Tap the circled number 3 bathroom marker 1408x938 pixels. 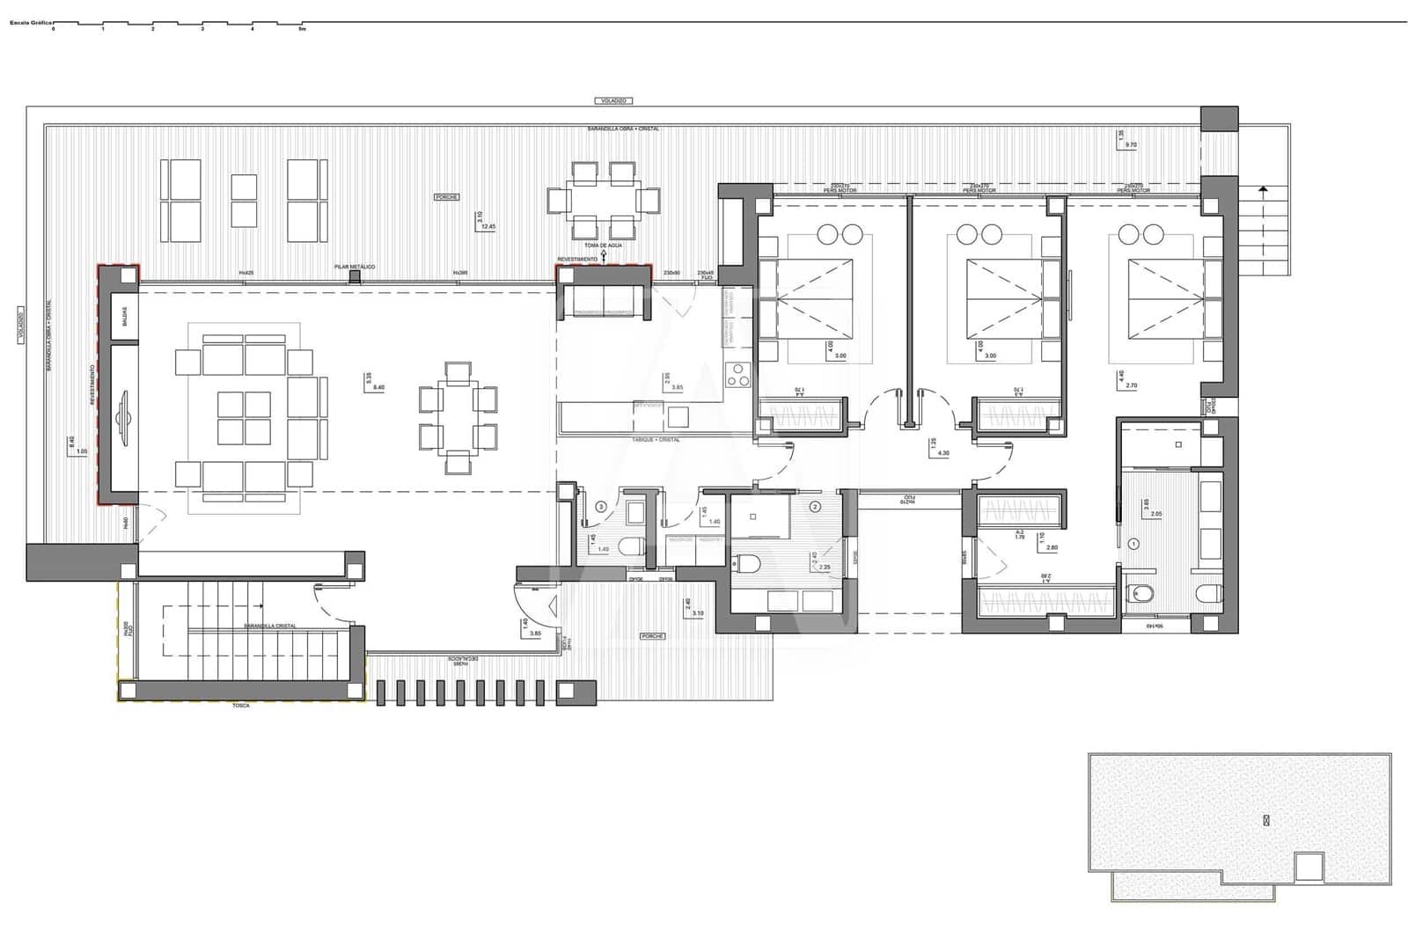tap(601, 507)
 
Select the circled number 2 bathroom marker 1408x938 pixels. tap(815, 507)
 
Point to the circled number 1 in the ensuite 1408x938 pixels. tap(1134, 545)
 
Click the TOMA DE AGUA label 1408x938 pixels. tap(603, 245)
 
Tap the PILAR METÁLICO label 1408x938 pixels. tap(355, 266)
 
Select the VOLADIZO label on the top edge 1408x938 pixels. tap(612, 101)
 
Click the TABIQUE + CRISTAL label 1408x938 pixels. tap(655, 439)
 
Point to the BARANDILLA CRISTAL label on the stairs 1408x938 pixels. tap(270, 626)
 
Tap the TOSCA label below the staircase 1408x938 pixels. tap(239, 706)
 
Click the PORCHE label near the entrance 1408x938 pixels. tap(652, 635)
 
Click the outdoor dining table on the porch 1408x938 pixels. tap(603, 201)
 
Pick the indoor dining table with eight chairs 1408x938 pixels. tap(458, 418)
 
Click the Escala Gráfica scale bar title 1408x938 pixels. tap(29, 22)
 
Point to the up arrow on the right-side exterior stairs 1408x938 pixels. tap(1264, 189)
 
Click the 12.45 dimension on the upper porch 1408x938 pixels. tap(487, 226)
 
